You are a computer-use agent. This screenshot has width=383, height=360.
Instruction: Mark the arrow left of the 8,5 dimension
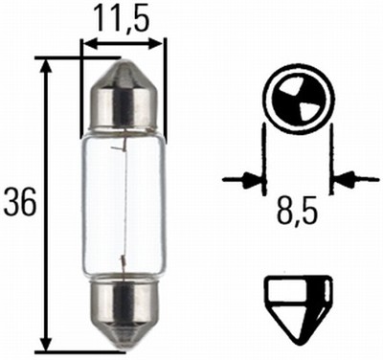coord(248,178)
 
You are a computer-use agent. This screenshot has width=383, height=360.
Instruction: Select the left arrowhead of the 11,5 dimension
coord(89,43)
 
